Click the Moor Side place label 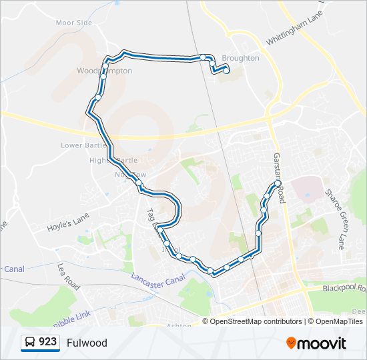click(73, 23)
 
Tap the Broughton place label click(240, 58)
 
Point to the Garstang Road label click(279, 177)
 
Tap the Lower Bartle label click(81, 145)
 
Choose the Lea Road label click(69, 275)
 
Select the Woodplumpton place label click(104, 71)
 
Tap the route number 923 click(47, 342)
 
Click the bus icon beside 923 click(30, 343)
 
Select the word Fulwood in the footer click(87, 343)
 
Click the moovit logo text click(323, 343)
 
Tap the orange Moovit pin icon click(292, 343)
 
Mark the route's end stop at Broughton click(226, 70)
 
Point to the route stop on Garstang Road click(278, 182)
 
